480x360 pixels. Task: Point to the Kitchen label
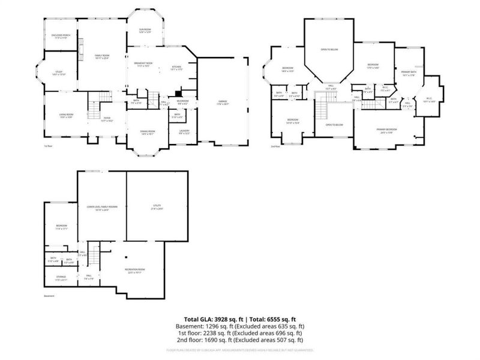[x=177, y=67]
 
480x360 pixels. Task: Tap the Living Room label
[x=66, y=115]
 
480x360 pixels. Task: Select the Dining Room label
[x=148, y=131]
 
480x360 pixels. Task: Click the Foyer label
[x=106, y=118]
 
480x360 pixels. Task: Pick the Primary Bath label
[x=409, y=73]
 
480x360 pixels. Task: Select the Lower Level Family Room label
[x=101, y=206]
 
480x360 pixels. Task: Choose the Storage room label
[x=61, y=277]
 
